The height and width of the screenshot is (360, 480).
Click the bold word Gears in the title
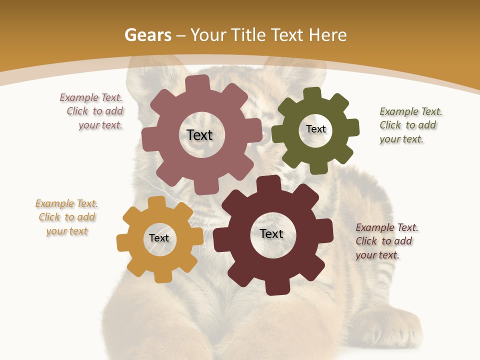[147, 35]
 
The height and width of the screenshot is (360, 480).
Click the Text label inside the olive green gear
[315, 129]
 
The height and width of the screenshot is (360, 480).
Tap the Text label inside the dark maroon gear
[271, 233]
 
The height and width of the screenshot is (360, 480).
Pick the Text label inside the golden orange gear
[159, 238]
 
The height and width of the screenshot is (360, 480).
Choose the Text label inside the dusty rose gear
[199, 135]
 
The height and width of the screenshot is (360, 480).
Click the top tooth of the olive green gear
[312, 93]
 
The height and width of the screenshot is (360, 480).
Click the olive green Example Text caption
[410, 125]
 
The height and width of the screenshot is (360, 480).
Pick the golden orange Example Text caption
[66, 217]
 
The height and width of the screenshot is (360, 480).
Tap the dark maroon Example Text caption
[386, 241]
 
